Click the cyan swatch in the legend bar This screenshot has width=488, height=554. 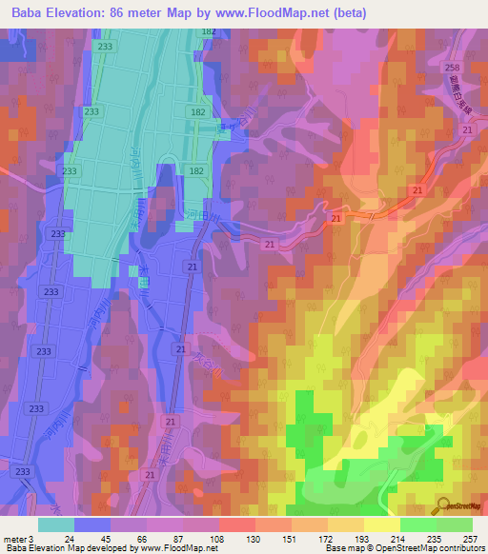coord(56,524)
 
